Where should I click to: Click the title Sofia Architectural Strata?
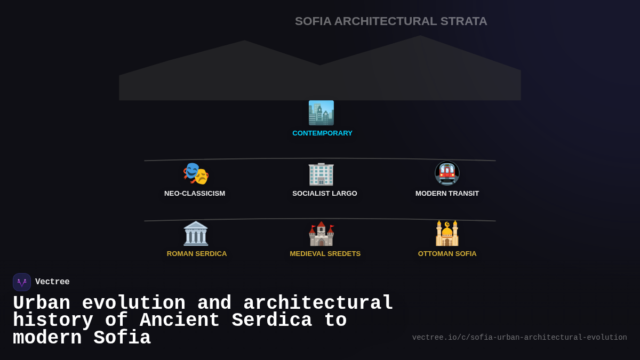[391, 21]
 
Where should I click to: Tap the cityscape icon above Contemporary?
[321, 113]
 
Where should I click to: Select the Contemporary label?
[322, 133]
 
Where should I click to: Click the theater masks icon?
[195, 173]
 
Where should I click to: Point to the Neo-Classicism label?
[195, 194]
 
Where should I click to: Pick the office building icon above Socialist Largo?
[321, 173]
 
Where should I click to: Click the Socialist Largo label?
[324, 194]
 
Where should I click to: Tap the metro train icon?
[447, 173]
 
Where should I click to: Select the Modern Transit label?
[447, 194]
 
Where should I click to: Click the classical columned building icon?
[196, 234]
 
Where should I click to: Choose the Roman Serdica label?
[197, 254]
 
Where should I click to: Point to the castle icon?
[321, 234]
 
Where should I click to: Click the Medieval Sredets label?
[325, 254]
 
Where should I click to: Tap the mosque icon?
[447, 234]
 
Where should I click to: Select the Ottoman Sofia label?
[447, 254]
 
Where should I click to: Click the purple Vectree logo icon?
[22, 282]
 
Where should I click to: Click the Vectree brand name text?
[52, 282]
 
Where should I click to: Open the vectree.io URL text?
[519, 338]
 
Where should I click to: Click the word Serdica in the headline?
[272, 321]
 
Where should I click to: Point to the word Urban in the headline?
[42, 303]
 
